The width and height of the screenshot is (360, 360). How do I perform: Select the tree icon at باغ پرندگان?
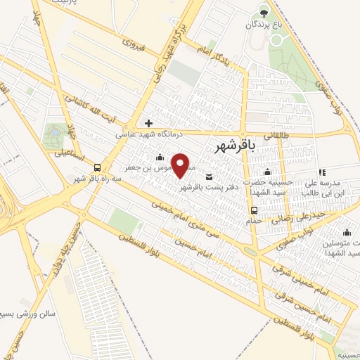click(264, 11)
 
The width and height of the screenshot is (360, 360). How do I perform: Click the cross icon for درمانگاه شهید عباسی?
click(148, 122)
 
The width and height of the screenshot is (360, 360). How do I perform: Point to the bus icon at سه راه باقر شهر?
click(98, 168)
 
